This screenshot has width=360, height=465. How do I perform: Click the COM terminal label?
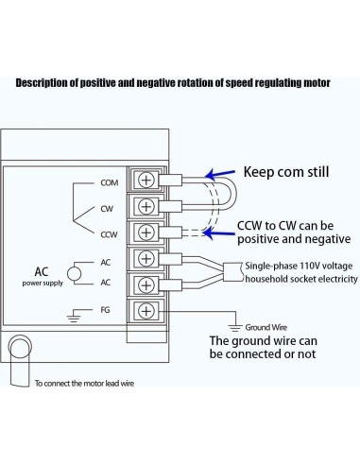(109, 181)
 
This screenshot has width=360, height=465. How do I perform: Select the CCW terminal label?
(109, 232)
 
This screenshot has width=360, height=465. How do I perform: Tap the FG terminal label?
(105, 309)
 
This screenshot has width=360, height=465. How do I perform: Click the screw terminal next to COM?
(147, 180)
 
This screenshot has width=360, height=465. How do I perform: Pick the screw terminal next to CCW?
(147, 232)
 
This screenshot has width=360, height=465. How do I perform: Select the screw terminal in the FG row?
(147, 309)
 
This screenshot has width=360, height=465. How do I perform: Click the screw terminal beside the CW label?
(147, 205)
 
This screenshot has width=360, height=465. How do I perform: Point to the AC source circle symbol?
(74, 272)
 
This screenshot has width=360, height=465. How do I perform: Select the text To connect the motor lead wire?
(93, 384)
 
